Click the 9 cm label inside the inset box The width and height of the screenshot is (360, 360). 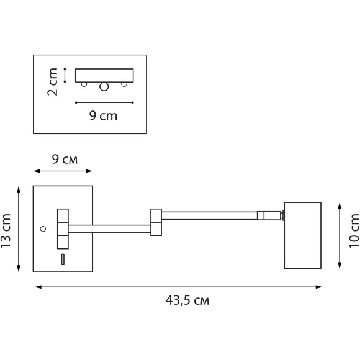[x=103, y=115]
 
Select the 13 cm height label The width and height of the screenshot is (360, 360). [x=7, y=231]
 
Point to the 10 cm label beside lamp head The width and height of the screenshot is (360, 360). [x=354, y=231]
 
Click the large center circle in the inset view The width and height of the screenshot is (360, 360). [x=104, y=87]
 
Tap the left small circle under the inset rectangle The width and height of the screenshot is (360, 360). [x=84, y=84]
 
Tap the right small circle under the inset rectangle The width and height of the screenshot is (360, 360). [x=124, y=84]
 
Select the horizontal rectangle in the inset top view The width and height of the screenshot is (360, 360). [x=104, y=75]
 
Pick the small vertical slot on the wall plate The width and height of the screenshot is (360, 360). [x=62, y=260]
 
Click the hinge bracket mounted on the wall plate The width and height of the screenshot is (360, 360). [x=63, y=228]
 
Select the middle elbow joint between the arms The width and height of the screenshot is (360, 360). [x=155, y=222]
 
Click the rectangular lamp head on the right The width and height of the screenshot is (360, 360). [x=302, y=235]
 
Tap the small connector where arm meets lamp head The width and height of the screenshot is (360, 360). [x=270, y=216]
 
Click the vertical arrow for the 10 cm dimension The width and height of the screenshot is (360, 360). [x=340, y=235]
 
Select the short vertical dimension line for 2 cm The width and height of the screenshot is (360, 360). [x=65, y=75]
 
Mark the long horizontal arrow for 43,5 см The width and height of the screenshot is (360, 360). [x=178, y=287]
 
